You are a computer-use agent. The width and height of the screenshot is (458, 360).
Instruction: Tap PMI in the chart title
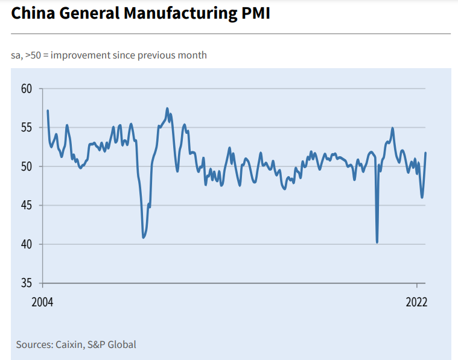coord(253,13)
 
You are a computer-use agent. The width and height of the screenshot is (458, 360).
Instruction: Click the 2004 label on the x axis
coord(42,302)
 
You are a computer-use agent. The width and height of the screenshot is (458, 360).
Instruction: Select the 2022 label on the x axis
coord(416,302)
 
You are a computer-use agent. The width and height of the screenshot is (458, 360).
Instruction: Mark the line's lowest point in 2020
coord(377,242)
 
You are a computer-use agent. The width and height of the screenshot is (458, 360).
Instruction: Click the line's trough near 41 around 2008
coord(143,238)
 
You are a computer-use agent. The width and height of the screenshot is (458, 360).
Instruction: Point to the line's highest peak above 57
coord(167,109)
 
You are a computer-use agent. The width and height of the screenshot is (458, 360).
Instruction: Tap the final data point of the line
coord(426,153)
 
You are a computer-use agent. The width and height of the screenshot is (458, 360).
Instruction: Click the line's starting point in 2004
coord(48,110)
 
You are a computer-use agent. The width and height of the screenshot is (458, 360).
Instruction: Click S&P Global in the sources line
coord(112,345)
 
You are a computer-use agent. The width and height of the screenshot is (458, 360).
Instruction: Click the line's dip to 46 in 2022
coord(422,197)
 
